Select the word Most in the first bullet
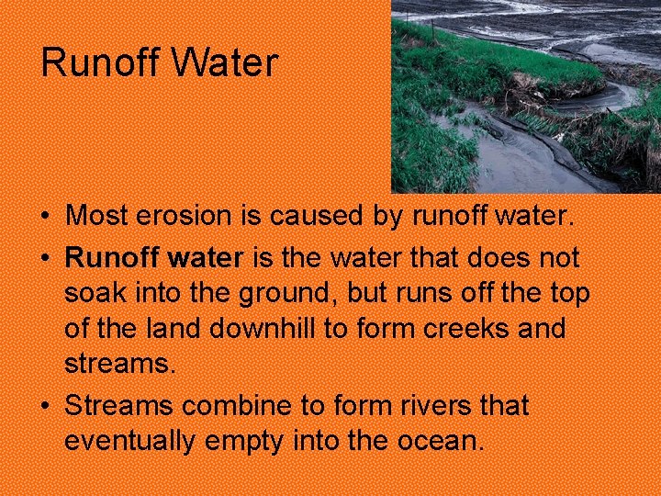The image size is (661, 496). tap(96, 217)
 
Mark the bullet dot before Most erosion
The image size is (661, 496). tap(44, 218)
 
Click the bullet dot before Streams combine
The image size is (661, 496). tap(44, 405)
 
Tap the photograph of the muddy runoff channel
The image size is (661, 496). tap(525, 96)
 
